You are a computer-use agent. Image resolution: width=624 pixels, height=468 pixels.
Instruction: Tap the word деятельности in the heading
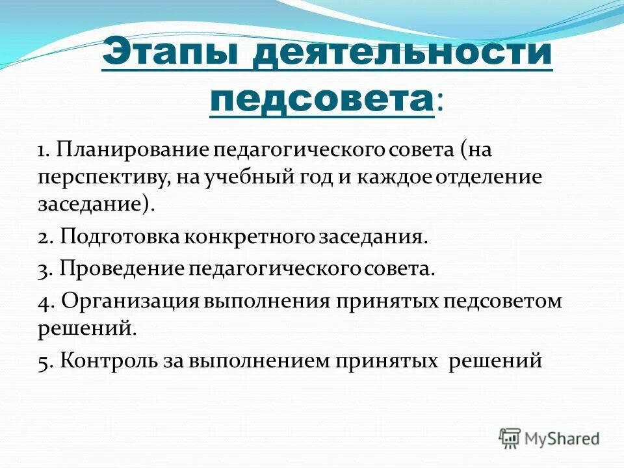pyautogui.click(x=403, y=51)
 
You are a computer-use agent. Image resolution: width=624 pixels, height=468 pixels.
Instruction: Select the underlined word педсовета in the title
pyautogui.click(x=322, y=100)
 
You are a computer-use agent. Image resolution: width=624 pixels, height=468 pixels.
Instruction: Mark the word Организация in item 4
pyautogui.click(x=130, y=302)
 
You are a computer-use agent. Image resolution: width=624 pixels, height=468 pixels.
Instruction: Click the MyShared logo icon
pyautogui.click(x=510, y=437)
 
